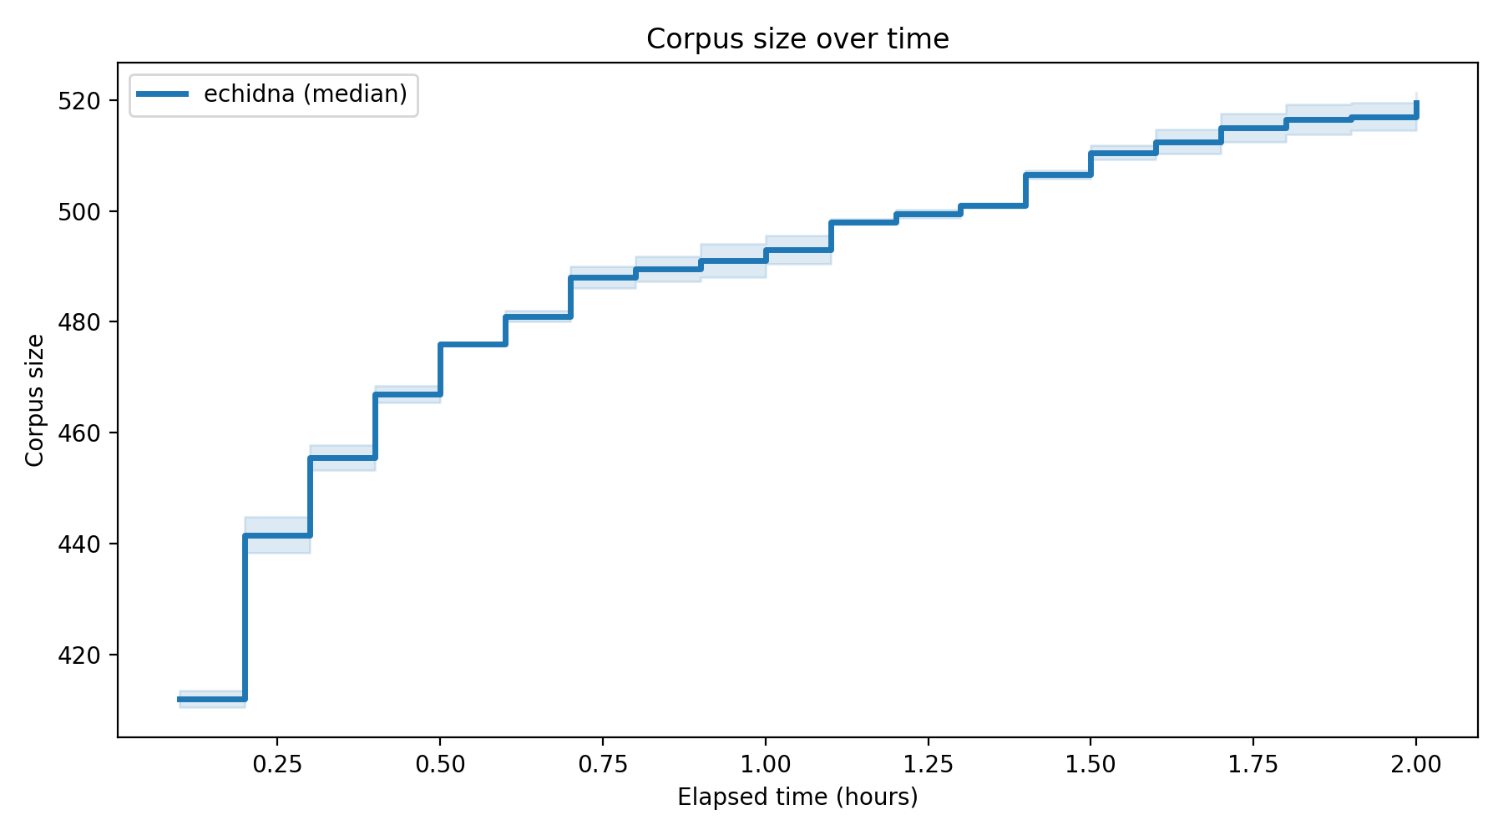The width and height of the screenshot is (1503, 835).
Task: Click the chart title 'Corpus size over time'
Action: [797, 39]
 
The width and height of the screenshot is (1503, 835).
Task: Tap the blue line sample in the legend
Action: [164, 94]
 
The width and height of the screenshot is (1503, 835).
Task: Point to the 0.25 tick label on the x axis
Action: [277, 764]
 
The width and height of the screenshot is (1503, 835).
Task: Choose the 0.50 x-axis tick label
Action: [440, 764]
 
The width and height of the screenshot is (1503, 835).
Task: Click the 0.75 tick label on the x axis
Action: [603, 764]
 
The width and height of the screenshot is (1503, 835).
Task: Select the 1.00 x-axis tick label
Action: [766, 764]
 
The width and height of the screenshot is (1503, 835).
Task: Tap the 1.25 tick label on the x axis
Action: [929, 764]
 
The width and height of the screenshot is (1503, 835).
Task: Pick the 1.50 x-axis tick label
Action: [1091, 764]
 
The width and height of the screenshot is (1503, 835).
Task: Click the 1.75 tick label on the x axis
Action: [1253, 764]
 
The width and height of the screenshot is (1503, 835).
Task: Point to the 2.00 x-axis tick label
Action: [1416, 764]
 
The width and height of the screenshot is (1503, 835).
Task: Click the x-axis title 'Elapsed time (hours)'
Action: [797, 797]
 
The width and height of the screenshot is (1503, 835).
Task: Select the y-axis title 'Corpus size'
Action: [35, 400]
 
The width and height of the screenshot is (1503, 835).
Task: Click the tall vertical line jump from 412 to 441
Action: [245, 618]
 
